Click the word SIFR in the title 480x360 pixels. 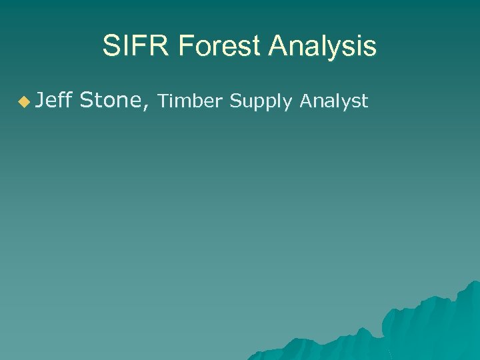[131, 47]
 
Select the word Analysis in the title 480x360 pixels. [323, 47]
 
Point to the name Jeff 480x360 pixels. [54, 101]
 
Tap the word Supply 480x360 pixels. [262, 102]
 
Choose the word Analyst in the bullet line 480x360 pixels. [333, 101]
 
